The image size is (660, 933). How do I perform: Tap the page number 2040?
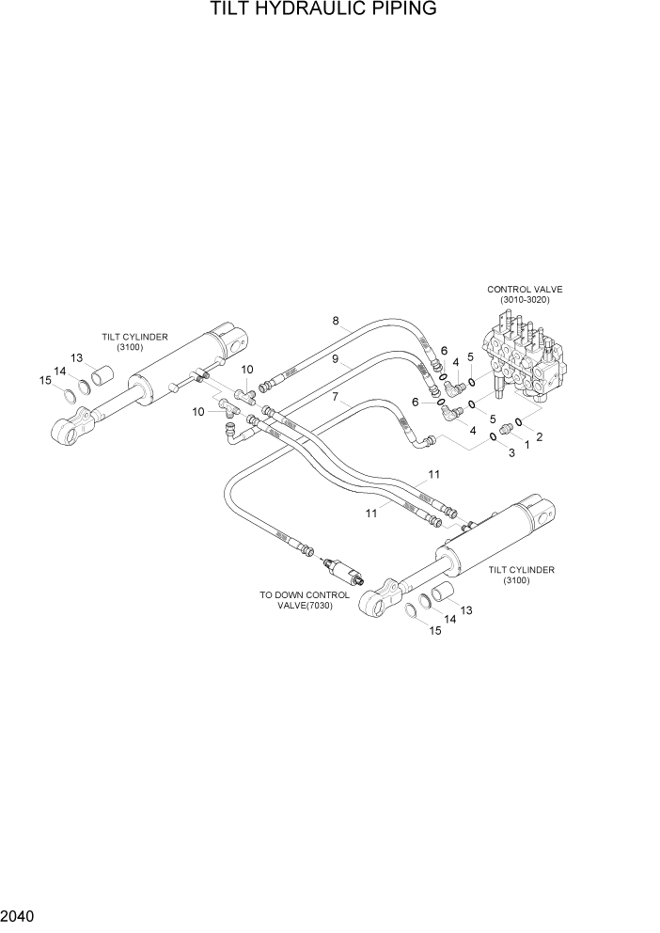pos(20,915)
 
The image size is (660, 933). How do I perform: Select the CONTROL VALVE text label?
pos(524,290)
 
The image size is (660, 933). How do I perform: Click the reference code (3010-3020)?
pos(524,300)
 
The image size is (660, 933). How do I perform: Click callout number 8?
pos(335,322)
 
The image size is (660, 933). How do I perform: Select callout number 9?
pos(335,358)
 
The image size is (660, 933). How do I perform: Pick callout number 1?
pos(526,444)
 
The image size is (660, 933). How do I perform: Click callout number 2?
pos(540,435)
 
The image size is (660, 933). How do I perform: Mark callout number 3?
pos(511,453)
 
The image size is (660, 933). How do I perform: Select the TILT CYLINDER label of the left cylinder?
pos(135,341)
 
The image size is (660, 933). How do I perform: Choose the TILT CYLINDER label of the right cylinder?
pos(521,575)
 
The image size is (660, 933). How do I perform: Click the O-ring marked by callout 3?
pos(493,438)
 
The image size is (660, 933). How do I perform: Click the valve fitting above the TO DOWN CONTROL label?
pos(339,572)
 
